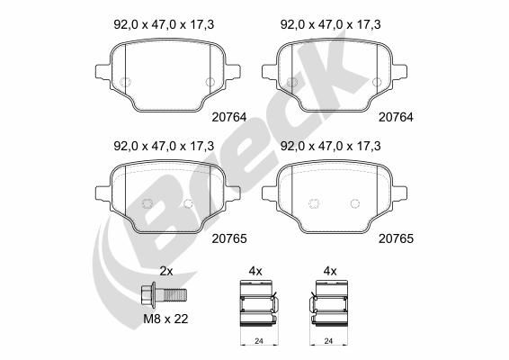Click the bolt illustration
[x=165, y=294]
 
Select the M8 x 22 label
[x=165, y=319]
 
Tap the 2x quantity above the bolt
[x=165, y=270]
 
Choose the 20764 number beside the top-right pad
[x=396, y=115]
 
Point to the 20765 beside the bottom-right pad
[x=396, y=239]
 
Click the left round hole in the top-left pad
[x=126, y=84]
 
